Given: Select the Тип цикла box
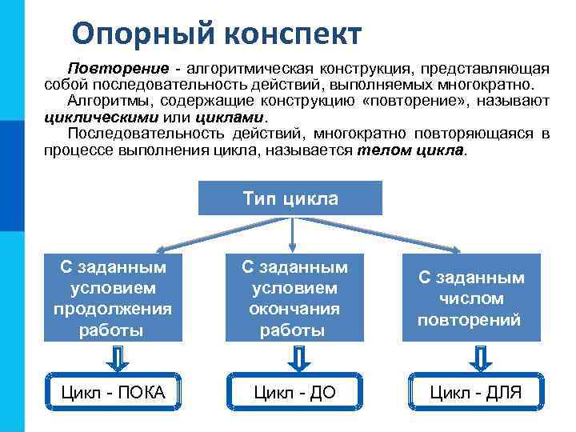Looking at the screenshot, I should [290, 198].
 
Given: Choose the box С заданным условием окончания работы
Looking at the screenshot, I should [294, 298].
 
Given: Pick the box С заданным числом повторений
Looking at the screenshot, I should [470, 298].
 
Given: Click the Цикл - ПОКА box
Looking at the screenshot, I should [114, 391].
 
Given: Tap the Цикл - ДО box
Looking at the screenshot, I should [294, 391].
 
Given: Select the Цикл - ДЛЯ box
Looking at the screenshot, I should [475, 391].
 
